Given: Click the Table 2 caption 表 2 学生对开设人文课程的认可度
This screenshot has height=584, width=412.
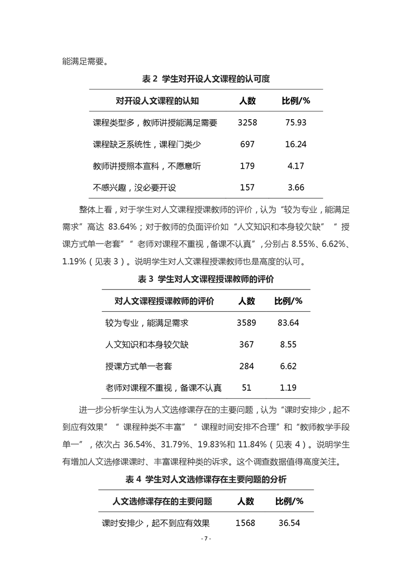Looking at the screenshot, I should tap(206, 79).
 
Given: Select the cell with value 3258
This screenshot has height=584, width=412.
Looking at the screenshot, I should tap(247, 123).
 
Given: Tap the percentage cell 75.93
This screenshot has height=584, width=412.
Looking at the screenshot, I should tap(296, 123).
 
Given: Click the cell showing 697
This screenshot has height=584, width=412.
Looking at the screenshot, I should tap(247, 144).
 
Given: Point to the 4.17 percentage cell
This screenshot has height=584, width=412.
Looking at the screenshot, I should tap(296, 166).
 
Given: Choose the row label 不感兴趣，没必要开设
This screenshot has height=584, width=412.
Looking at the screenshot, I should tap(135, 187).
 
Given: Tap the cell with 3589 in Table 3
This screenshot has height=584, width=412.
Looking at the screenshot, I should tap(246, 323).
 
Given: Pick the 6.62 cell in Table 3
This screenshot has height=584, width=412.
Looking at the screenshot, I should tap(288, 366).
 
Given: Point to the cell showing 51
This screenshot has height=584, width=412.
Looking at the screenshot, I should tap(246, 388).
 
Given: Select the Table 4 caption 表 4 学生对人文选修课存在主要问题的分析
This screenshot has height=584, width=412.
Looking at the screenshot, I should tap(206, 479).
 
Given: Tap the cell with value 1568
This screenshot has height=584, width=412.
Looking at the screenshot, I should tap(245, 523).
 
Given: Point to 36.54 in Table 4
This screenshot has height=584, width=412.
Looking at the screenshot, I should tap(289, 523).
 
